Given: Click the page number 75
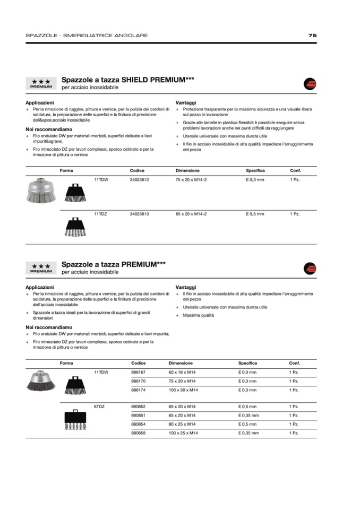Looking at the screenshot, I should tap(312, 36).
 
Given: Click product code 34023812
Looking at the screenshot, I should tap(139, 180).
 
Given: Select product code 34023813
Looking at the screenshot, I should tap(139, 214).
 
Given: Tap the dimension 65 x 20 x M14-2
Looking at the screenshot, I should tap(191, 214).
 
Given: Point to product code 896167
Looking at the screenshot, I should tap(138, 372).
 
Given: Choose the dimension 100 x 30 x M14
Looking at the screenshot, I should tap(183, 390).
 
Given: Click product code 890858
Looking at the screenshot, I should tap(138, 433).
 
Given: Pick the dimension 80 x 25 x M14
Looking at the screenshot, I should tap(182, 424).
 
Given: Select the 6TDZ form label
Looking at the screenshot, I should tap(99, 407).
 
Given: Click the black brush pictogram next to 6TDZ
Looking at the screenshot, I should tap(75, 419).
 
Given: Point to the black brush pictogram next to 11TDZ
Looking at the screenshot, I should tap(75, 227).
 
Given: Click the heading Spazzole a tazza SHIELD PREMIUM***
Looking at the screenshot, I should tap(127, 80).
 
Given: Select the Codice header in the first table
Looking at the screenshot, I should tap(137, 171).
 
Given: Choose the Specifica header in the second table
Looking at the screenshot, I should tap(247, 363).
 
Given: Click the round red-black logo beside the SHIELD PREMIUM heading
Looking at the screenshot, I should tap(310, 84).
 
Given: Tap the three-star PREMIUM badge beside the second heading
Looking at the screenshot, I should tap(41, 268).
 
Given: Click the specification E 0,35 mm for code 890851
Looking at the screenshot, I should tap(248, 416).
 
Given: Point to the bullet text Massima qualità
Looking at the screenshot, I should tap(198, 316).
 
